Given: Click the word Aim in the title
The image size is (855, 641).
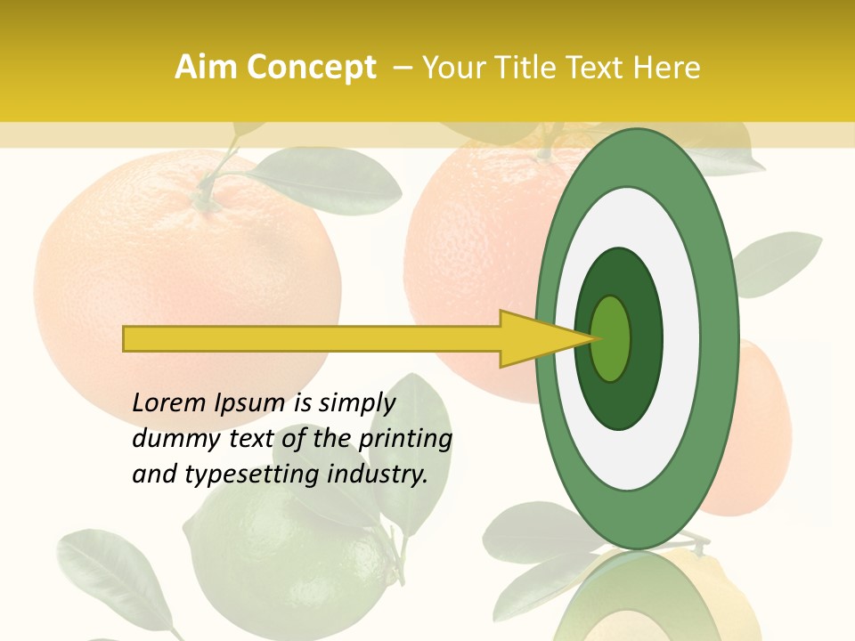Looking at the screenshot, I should (206, 68).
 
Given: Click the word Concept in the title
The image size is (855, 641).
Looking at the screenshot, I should (311, 68).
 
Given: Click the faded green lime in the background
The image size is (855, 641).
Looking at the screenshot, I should (267, 552).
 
